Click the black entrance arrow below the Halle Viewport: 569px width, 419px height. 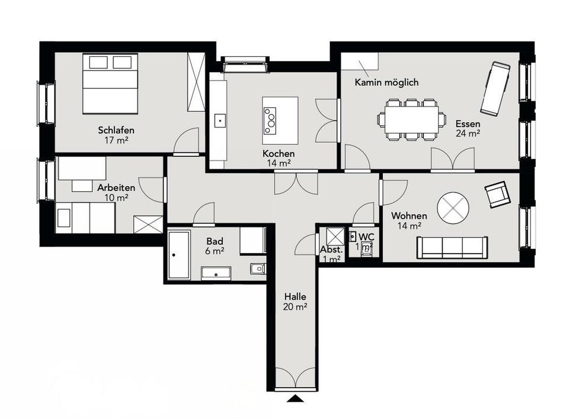point(295,398)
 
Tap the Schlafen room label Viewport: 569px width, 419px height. point(116,130)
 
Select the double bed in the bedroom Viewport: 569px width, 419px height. point(110,84)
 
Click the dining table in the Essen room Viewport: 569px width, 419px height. point(411,119)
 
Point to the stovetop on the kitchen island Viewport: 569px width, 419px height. point(270,121)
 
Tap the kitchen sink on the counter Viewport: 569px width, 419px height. point(220,121)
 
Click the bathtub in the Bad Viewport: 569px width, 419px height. point(179,255)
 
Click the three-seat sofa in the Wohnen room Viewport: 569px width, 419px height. point(452,248)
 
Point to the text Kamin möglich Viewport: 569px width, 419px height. point(386,82)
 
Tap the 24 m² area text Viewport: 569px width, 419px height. point(468,133)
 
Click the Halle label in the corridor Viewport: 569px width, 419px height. point(295,296)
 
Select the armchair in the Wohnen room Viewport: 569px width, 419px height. point(497,194)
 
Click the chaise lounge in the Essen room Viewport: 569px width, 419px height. point(496,89)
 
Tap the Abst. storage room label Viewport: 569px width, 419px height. point(331,250)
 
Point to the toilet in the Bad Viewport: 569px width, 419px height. point(258,269)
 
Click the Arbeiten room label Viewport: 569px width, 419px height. point(116,188)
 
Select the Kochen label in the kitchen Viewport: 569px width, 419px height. point(279,154)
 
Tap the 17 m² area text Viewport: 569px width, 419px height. point(116,140)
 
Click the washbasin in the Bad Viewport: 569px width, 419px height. point(216,274)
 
